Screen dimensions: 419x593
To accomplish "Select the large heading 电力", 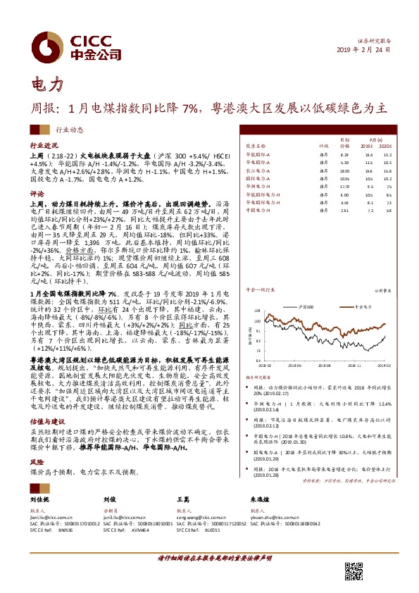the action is click(x=48, y=85).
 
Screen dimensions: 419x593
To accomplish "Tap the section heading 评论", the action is click(x=37, y=192).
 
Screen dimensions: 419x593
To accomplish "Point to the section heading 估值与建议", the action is click(x=46, y=397).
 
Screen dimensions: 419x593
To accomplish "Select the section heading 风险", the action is click(x=37, y=442).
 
